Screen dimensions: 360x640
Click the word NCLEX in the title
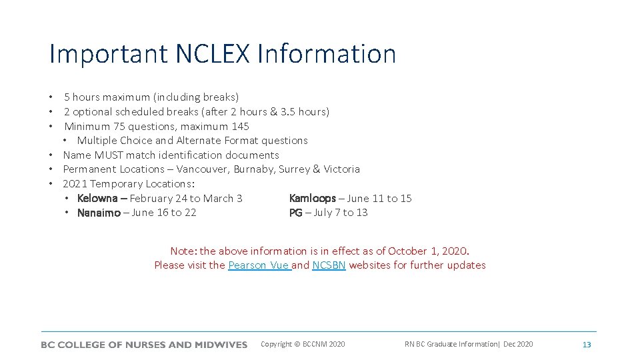pyautogui.click(x=208, y=54)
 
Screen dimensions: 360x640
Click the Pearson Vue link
pyautogui.click(x=259, y=265)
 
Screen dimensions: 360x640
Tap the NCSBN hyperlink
pyautogui.click(x=329, y=265)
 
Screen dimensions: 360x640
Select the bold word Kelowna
pyautogui.click(x=97, y=198)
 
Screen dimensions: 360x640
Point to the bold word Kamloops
pyautogui.click(x=313, y=198)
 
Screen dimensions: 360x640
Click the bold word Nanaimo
pyautogui.click(x=99, y=213)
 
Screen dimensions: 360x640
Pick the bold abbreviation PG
pyautogui.click(x=295, y=213)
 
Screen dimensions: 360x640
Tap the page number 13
pyautogui.click(x=587, y=345)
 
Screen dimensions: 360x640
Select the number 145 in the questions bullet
pyautogui.click(x=240, y=126)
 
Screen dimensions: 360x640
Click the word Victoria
pyautogui.click(x=341, y=169)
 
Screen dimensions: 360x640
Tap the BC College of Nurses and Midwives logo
pyautogui.click(x=144, y=345)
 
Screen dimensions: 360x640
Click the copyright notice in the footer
pyautogui.click(x=303, y=344)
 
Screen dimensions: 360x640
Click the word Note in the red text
pyautogui.click(x=183, y=251)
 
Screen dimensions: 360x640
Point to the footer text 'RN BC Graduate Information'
pyautogui.click(x=451, y=344)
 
